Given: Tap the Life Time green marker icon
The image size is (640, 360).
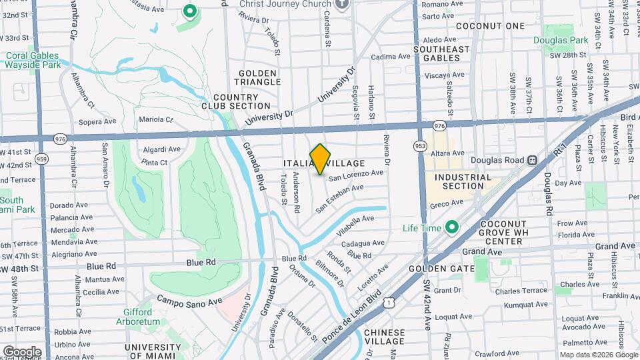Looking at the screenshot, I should [x=451, y=228].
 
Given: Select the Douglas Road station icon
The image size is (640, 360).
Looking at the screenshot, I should [x=532, y=160].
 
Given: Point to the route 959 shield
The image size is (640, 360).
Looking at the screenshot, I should [x=41, y=159].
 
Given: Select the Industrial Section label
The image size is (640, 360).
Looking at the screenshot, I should [x=463, y=181].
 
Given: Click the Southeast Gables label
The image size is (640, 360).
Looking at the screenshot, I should [x=441, y=53].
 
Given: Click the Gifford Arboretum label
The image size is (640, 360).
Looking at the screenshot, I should [x=141, y=317].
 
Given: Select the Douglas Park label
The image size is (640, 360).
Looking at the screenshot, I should [x=560, y=41].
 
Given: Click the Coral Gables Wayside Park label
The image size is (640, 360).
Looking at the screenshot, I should [x=31, y=61].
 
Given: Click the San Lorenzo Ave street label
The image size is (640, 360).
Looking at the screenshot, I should [x=355, y=175].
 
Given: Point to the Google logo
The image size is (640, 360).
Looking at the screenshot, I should [x=22, y=351].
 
